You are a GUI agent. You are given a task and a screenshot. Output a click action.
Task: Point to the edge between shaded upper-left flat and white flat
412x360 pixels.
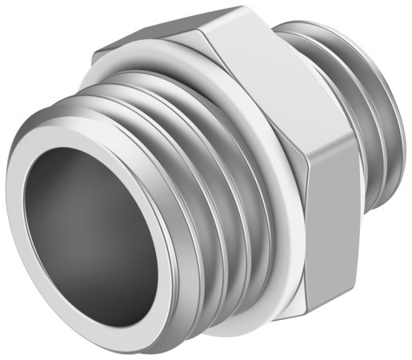pyautogui.click(x=200, y=36)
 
